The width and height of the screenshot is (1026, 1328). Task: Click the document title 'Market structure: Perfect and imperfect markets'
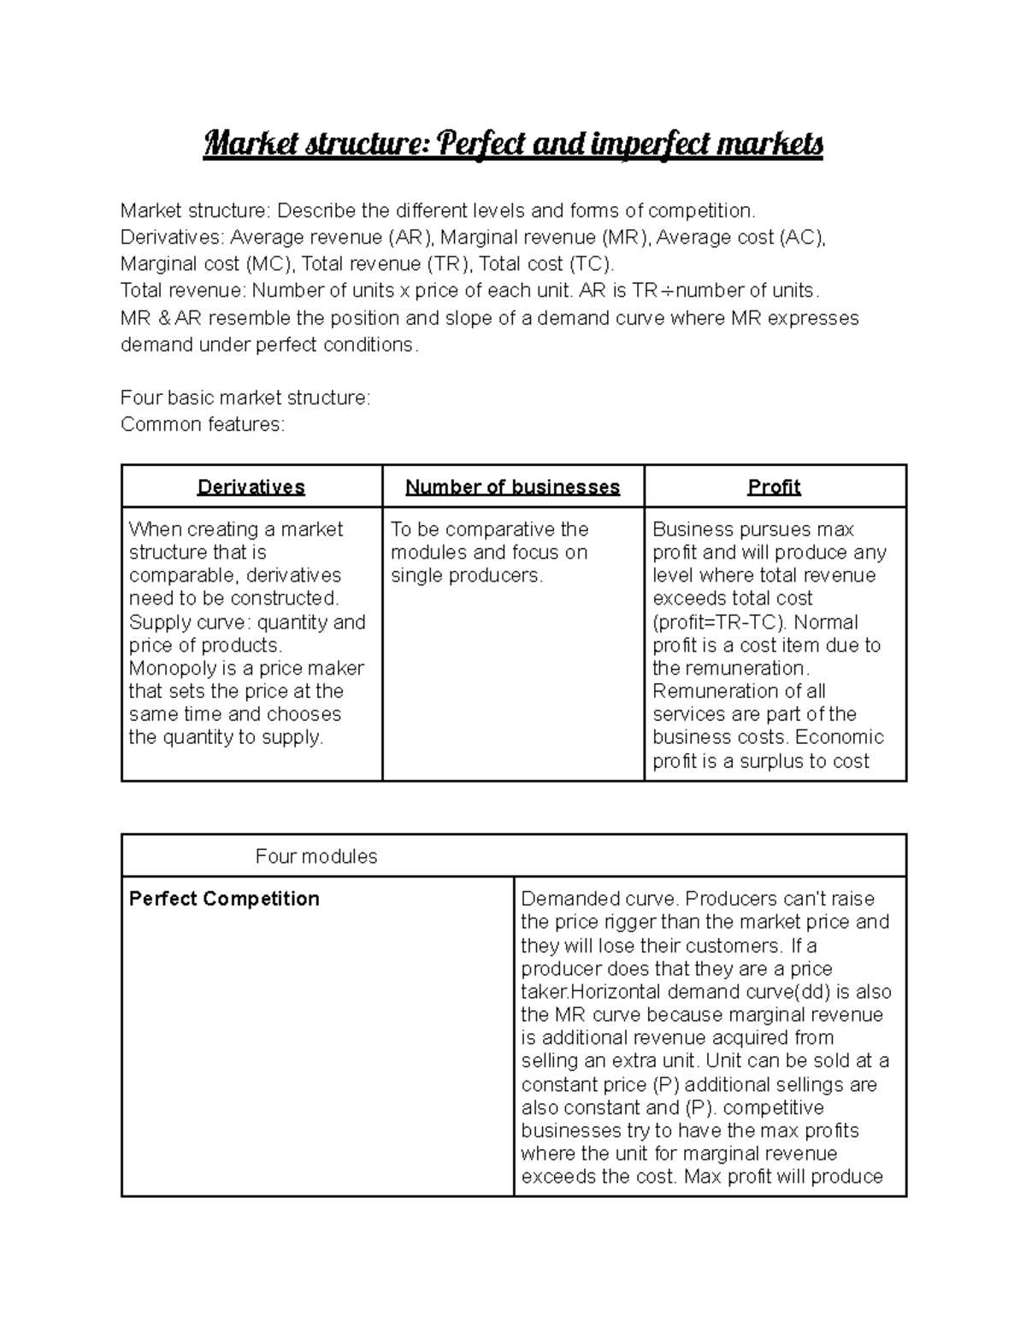point(513,145)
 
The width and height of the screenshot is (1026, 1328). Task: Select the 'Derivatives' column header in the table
point(251,487)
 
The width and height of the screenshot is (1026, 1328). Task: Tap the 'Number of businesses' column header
point(512,487)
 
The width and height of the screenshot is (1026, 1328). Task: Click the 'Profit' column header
point(774,487)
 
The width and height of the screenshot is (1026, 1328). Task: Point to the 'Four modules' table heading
point(316,857)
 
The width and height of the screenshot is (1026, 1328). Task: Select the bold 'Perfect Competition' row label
point(224,899)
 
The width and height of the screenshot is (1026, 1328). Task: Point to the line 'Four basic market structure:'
point(245,398)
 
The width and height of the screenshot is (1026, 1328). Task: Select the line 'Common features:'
point(202,425)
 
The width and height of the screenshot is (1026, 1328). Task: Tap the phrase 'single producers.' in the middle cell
point(467,576)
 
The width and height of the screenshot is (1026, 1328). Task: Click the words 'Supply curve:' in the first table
point(175,623)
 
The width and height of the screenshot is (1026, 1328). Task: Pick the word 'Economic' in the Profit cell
point(842,738)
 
